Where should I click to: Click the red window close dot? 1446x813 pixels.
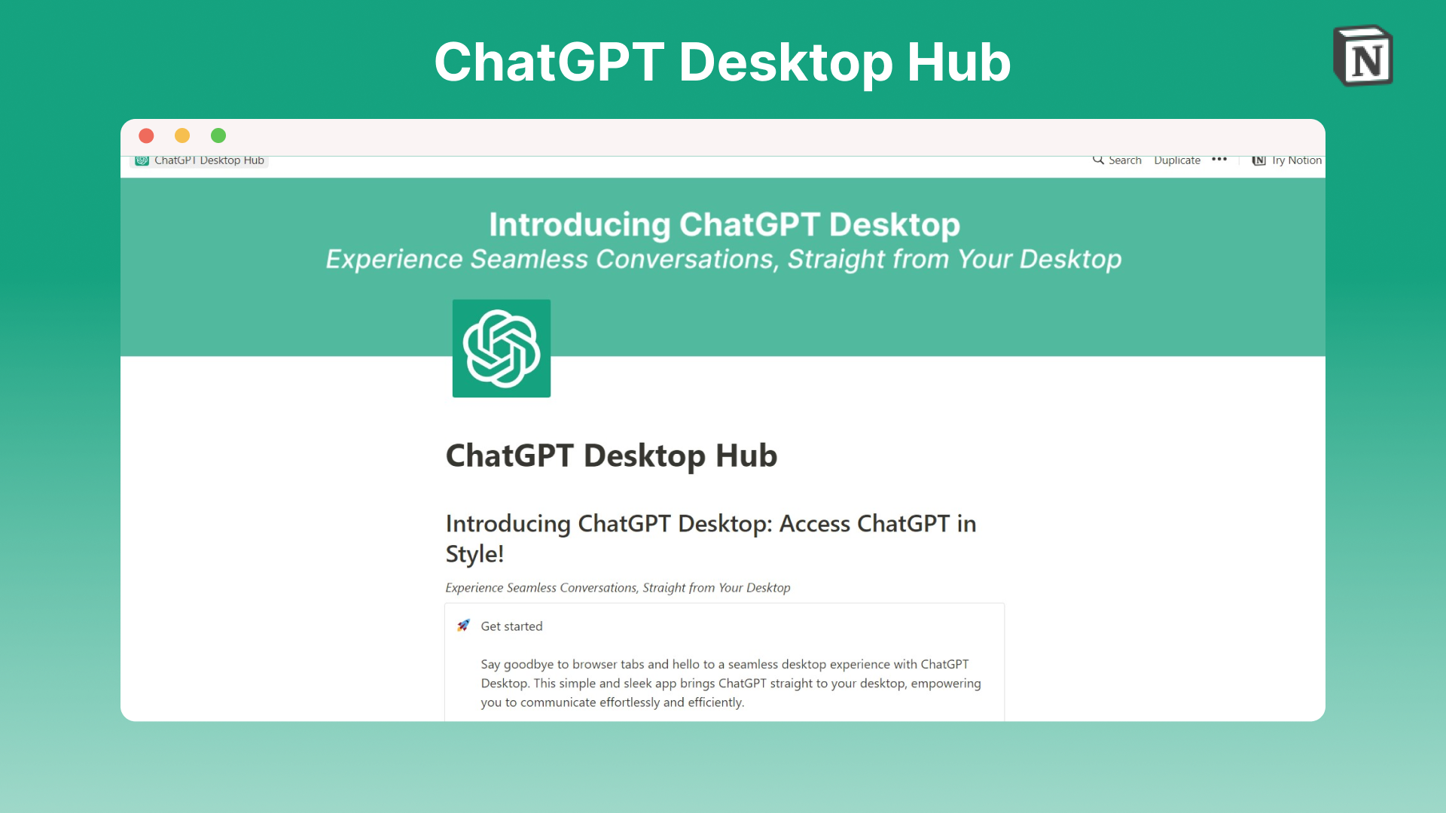click(x=146, y=135)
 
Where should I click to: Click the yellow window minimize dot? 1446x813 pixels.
click(x=182, y=135)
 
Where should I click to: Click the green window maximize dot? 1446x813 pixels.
click(x=218, y=135)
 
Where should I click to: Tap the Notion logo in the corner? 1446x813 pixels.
click(x=1363, y=56)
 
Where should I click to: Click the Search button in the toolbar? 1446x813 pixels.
click(x=1118, y=160)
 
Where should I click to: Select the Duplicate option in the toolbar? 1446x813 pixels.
click(x=1177, y=160)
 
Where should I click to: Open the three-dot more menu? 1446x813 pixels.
click(x=1219, y=160)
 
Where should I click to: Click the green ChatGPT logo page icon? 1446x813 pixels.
click(x=502, y=349)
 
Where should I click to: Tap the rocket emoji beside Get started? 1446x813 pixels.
click(x=463, y=626)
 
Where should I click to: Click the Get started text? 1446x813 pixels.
click(x=511, y=626)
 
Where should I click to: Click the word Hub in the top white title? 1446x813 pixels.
click(x=959, y=62)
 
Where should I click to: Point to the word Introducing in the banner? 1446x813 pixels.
click(x=579, y=225)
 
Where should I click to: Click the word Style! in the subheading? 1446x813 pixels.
click(x=474, y=554)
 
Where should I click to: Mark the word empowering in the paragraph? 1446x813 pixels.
click(x=946, y=684)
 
